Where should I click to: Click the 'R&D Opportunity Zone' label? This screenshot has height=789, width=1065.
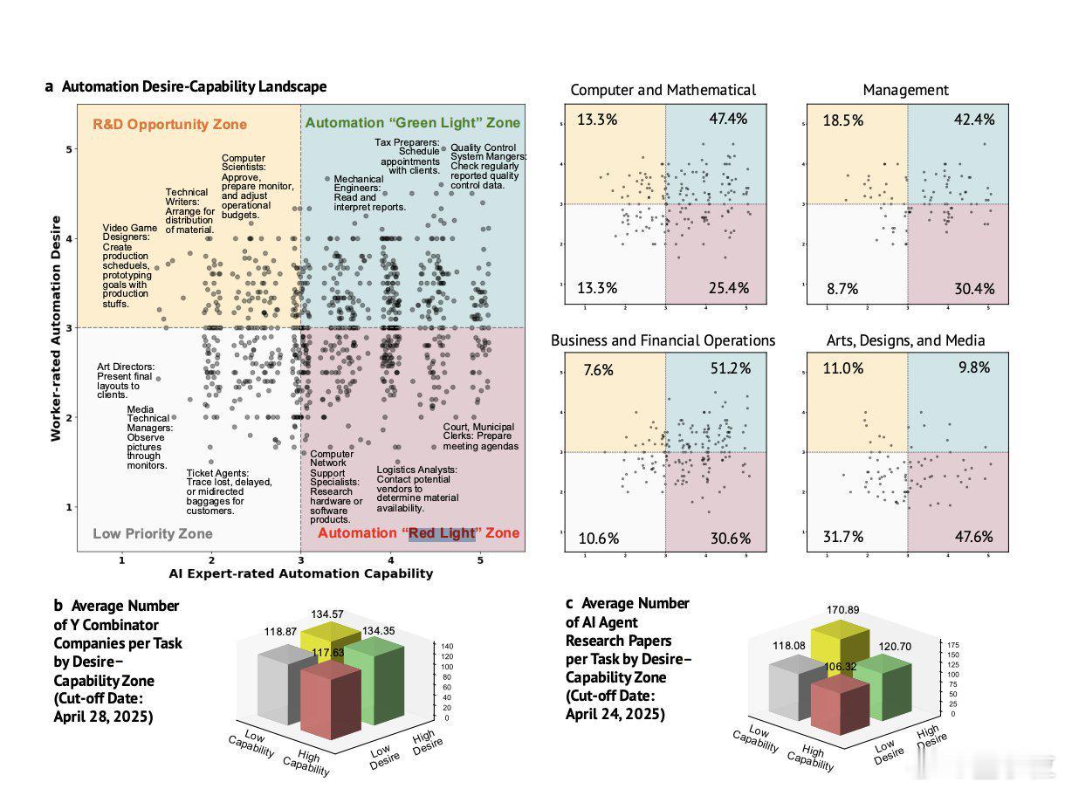169,125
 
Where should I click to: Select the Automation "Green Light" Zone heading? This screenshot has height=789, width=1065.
412,123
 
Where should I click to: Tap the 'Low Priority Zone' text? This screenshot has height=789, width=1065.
152,533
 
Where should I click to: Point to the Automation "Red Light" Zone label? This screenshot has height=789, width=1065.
418,533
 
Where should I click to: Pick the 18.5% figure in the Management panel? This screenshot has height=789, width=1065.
843,120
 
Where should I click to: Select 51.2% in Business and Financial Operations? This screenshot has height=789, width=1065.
730,368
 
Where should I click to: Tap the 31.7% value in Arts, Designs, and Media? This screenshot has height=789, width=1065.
843,536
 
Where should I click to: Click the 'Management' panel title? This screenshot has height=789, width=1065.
905,90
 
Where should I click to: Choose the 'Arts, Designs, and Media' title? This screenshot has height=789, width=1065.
905,340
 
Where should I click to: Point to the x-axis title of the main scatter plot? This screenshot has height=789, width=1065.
300,573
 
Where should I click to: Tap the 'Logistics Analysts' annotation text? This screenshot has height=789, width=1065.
416,489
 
